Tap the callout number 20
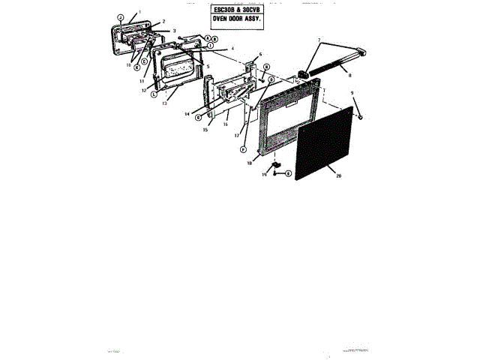coord(338,175)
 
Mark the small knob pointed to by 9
coord(359,117)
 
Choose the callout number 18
coord(250,162)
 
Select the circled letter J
coord(120,16)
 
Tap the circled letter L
coord(154,96)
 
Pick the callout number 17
coord(236,136)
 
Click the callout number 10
coord(128,65)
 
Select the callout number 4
coord(233,49)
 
